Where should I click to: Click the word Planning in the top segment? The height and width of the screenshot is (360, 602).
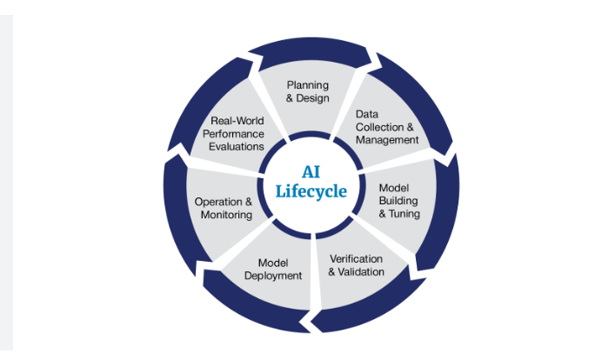pyautogui.click(x=308, y=85)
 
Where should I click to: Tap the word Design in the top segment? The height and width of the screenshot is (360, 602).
pyautogui.click(x=314, y=98)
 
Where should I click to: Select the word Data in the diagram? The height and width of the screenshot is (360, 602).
pyautogui.click(x=368, y=114)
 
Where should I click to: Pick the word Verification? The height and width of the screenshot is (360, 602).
pyautogui.click(x=356, y=259)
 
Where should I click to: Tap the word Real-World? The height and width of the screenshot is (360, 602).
pyautogui.click(x=237, y=121)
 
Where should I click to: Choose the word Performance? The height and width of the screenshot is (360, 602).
pyautogui.click(x=232, y=134)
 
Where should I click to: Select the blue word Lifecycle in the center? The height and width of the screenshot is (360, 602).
pyautogui.click(x=311, y=191)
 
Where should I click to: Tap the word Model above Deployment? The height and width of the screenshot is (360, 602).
pyautogui.click(x=274, y=263)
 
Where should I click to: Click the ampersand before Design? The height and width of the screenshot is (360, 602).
pyautogui.click(x=291, y=98)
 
